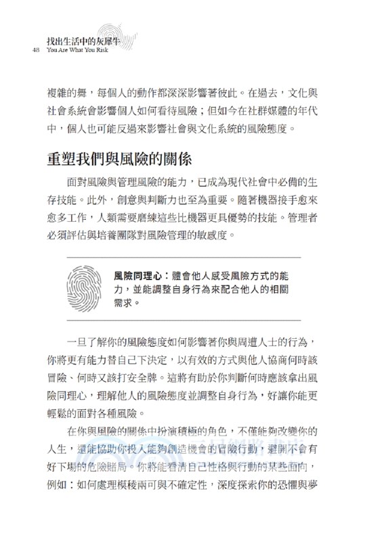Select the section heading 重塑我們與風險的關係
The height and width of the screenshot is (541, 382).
(119, 161)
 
